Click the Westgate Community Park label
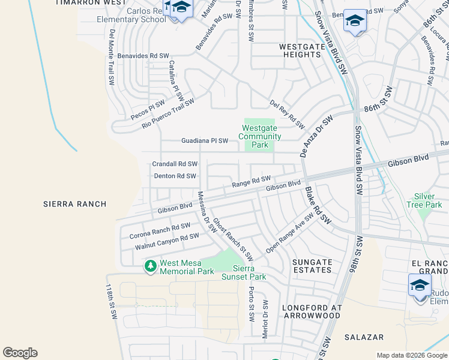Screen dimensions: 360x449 point(259,136)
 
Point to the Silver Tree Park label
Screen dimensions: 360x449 point(429,200)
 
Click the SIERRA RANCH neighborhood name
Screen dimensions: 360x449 point(75,204)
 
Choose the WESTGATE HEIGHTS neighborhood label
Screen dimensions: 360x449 point(301,50)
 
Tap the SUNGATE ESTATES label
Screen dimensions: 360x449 point(312,266)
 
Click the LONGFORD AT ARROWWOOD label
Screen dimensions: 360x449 point(312,312)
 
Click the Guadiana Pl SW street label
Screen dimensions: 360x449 point(205,141)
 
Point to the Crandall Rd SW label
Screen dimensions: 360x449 point(175,164)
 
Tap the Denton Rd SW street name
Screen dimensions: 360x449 point(175,176)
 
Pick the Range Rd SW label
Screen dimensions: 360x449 point(252,182)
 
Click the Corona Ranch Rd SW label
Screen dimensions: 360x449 point(160,230)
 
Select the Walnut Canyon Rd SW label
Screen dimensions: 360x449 point(166,241)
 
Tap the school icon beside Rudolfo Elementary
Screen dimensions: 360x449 point(420,284)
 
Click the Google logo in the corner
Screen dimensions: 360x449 point(20,353)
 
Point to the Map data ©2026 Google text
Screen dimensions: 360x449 point(411,355)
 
